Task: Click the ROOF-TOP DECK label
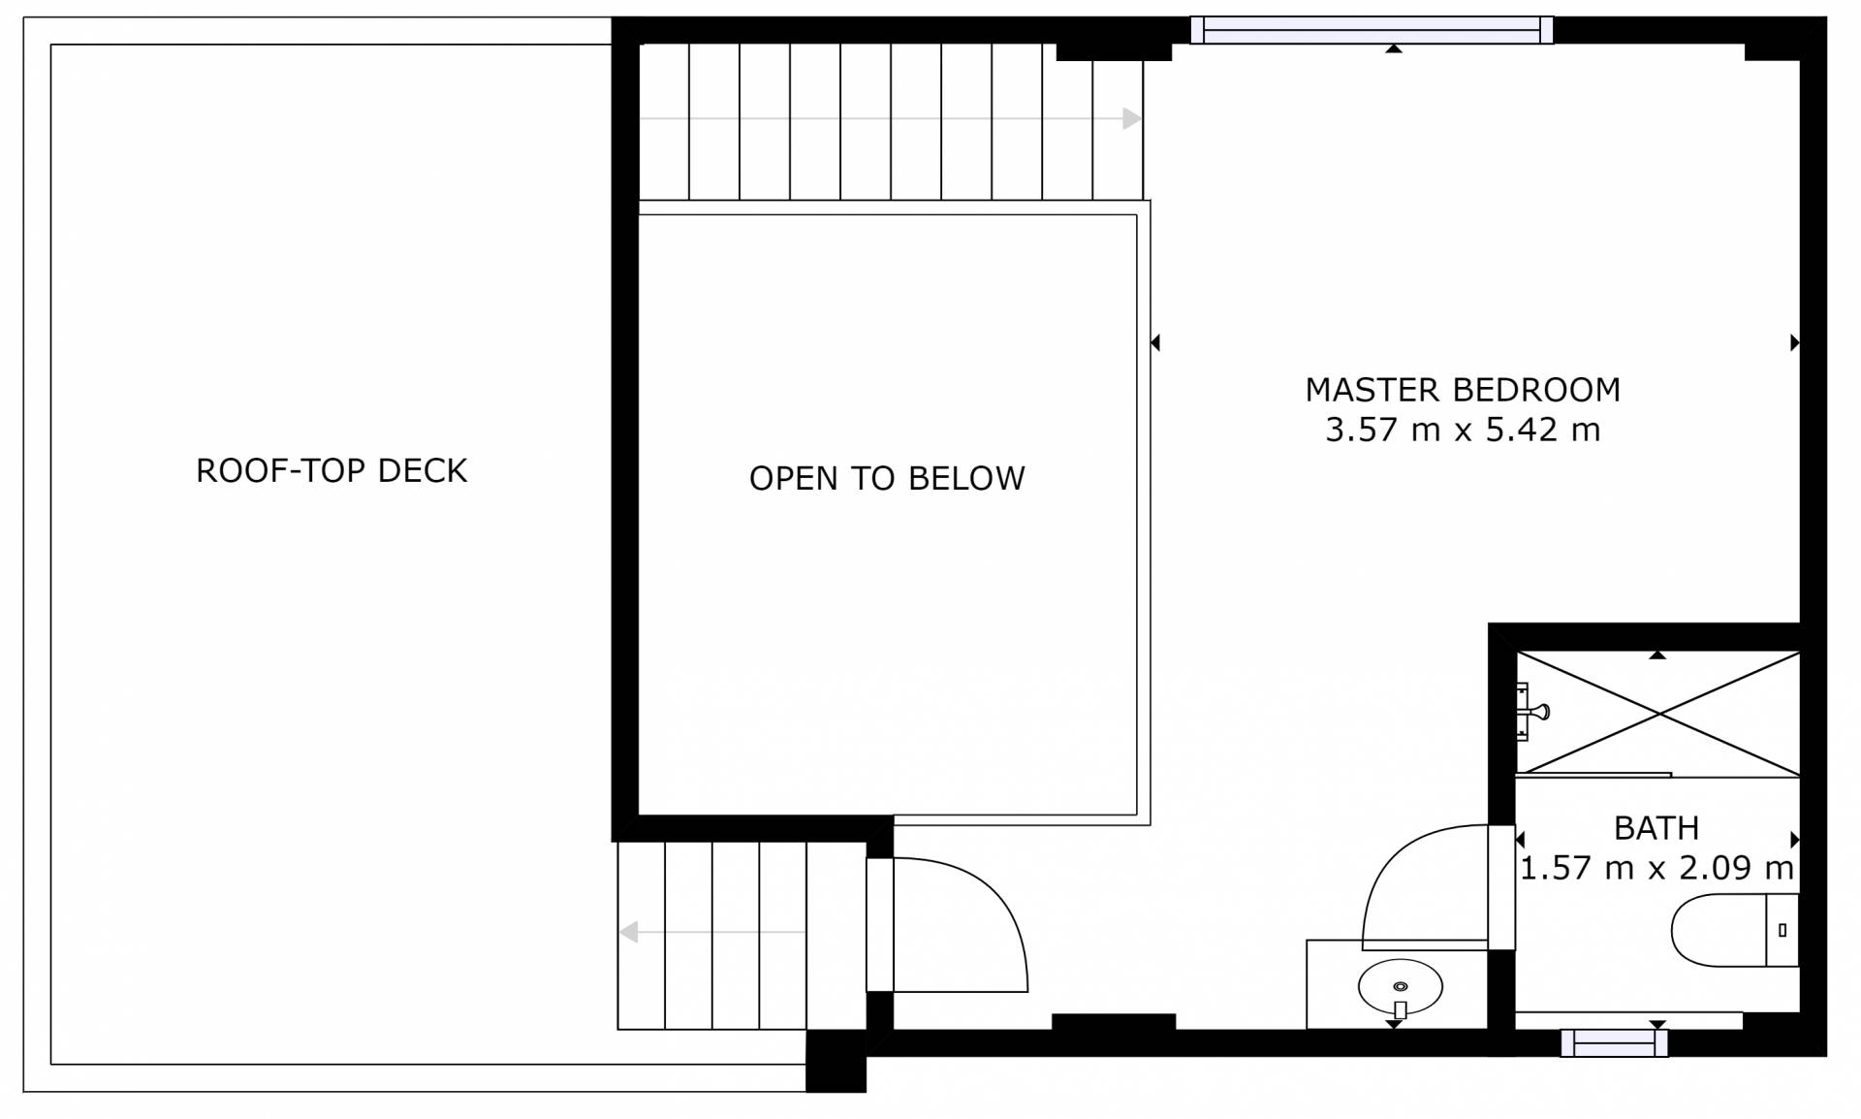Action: [331, 470]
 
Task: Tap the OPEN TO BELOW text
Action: [887, 478]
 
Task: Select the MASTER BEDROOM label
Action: [1463, 390]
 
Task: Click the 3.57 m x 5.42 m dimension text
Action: [1463, 430]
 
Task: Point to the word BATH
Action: [1656, 828]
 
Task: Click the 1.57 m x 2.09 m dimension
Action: [1656, 868]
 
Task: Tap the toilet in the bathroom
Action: [1735, 930]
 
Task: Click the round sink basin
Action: [1400, 987]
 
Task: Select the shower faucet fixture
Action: [1531, 712]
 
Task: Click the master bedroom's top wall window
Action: [1372, 30]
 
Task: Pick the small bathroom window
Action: [1614, 1043]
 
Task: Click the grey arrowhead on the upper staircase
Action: [1132, 119]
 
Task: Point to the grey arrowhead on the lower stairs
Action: [629, 933]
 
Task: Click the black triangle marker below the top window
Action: [1394, 48]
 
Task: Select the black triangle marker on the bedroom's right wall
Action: [1795, 342]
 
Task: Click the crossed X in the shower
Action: [1658, 714]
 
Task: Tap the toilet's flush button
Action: [1782, 931]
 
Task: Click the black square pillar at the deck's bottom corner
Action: [836, 1061]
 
